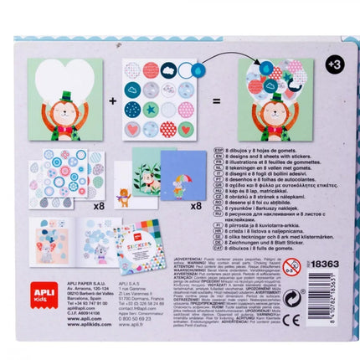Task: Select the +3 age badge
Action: click(333, 64)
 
